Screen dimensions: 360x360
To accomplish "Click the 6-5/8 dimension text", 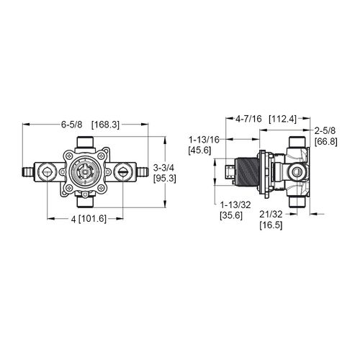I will click(72, 124).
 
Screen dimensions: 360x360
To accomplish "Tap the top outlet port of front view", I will click(86, 142).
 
